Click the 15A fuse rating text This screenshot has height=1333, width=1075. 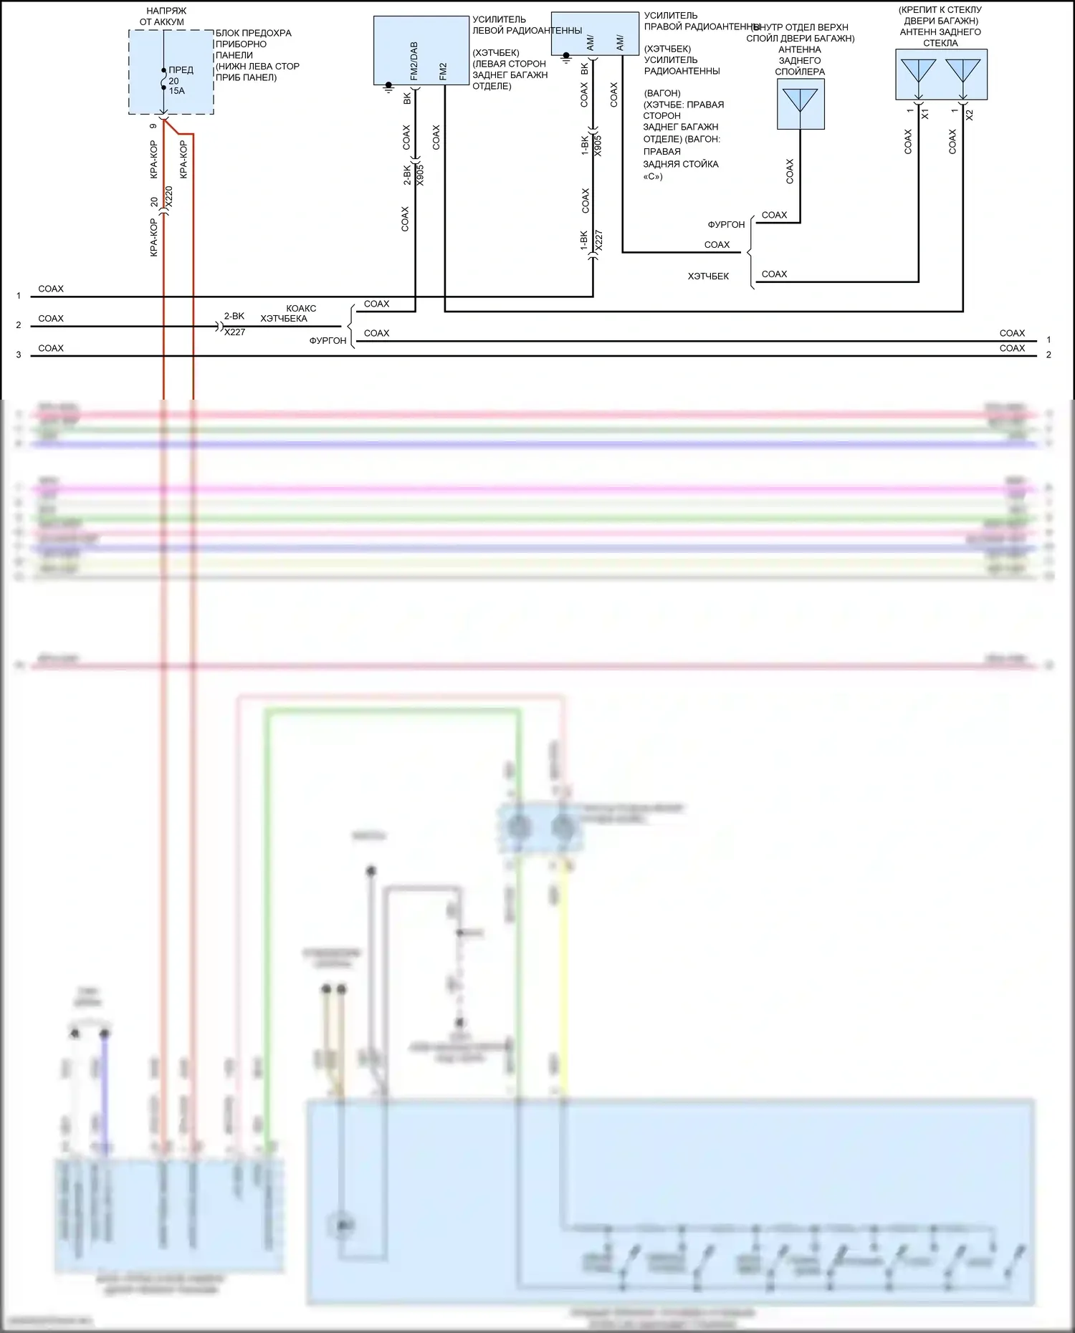point(176,91)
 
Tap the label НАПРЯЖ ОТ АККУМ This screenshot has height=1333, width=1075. point(162,16)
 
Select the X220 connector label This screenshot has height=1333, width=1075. point(169,197)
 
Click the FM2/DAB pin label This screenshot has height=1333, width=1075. point(414,61)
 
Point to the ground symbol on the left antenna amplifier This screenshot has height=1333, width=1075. point(388,87)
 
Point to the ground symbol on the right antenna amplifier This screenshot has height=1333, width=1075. point(565,57)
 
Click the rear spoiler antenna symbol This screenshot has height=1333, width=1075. point(801,101)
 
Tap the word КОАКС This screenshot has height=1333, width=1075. point(301,309)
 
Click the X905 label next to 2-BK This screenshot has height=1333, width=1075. point(421,175)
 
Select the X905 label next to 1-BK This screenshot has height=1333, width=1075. point(598,145)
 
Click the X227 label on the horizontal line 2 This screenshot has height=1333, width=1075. point(234,332)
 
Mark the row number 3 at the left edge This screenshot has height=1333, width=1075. point(19,355)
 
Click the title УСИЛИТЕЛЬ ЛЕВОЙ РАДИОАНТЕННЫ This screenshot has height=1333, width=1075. point(526,25)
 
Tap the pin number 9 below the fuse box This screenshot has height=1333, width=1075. point(153,126)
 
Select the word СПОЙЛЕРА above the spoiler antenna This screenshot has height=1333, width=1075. point(800,72)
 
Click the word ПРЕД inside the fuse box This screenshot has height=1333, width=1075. point(181,70)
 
